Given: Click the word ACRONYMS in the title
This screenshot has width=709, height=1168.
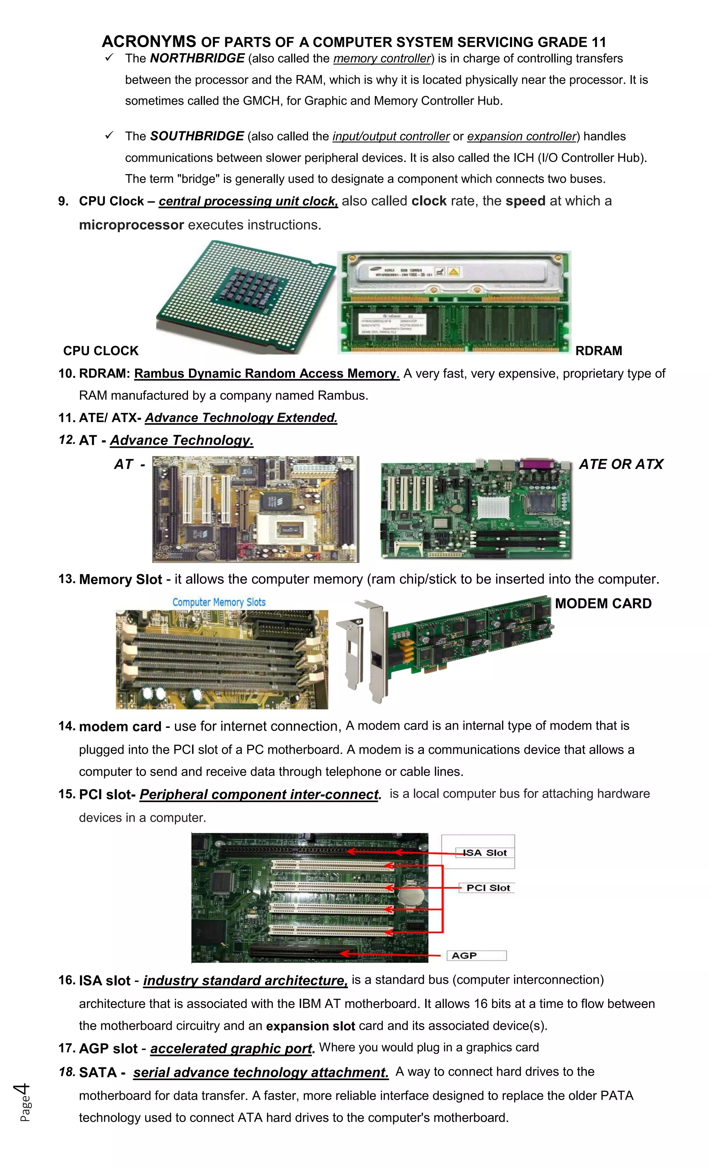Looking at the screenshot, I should [x=149, y=42].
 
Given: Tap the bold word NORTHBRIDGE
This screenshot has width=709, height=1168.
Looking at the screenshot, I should [x=197, y=58].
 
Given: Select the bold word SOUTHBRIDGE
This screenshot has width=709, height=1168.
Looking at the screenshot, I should [x=197, y=136].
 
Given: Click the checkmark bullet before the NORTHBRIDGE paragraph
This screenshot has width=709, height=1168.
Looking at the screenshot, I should [x=109, y=57].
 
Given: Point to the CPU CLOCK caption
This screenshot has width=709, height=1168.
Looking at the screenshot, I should [x=101, y=351].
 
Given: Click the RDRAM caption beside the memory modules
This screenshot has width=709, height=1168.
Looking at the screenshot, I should [x=598, y=351].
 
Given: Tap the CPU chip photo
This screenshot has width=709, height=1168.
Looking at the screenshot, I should [x=246, y=296].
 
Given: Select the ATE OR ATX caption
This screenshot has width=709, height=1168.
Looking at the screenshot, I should [x=621, y=464].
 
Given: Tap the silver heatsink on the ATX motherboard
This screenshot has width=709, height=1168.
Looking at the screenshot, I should [x=493, y=507].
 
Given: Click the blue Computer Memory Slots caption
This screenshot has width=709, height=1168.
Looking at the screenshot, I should [x=219, y=602].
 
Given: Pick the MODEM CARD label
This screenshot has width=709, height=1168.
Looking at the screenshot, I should [x=603, y=604].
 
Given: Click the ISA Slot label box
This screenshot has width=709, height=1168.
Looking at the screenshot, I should [x=484, y=853].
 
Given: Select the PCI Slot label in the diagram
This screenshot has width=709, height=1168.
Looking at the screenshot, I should [x=488, y=888].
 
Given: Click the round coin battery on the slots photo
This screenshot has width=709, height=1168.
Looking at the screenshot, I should [x=407, y=896].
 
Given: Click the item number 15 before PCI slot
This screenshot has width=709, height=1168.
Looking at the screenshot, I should [x=67, y=794].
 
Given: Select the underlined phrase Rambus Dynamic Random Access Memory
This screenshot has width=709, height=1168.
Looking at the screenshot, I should [x=266, y=374].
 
